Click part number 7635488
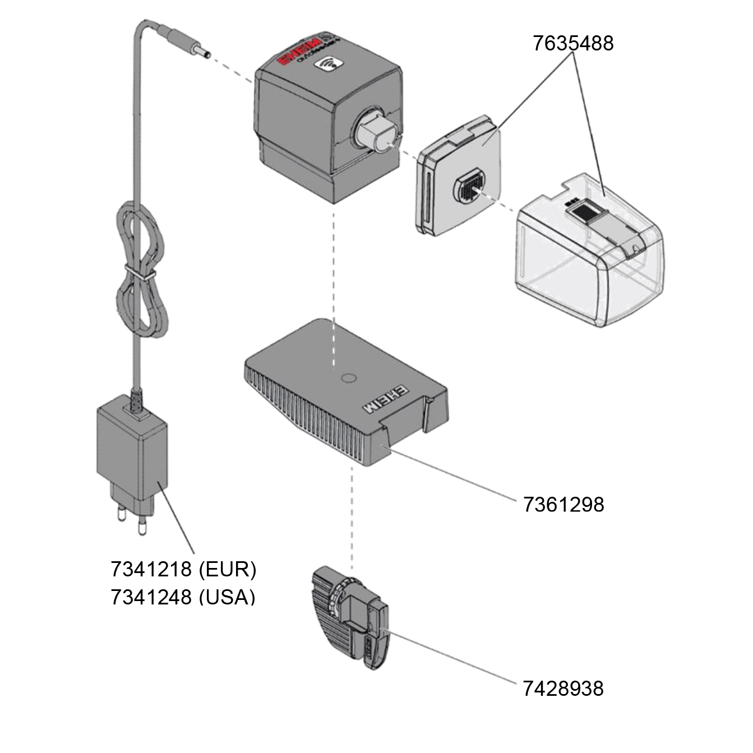[572, 43]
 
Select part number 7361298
[563, 505]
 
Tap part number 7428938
[563, 688]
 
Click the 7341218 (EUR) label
[183, 569]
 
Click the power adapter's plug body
[132, 449]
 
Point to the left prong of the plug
[121, 513]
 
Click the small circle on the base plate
[348, 378]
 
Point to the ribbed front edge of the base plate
[303, 415]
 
